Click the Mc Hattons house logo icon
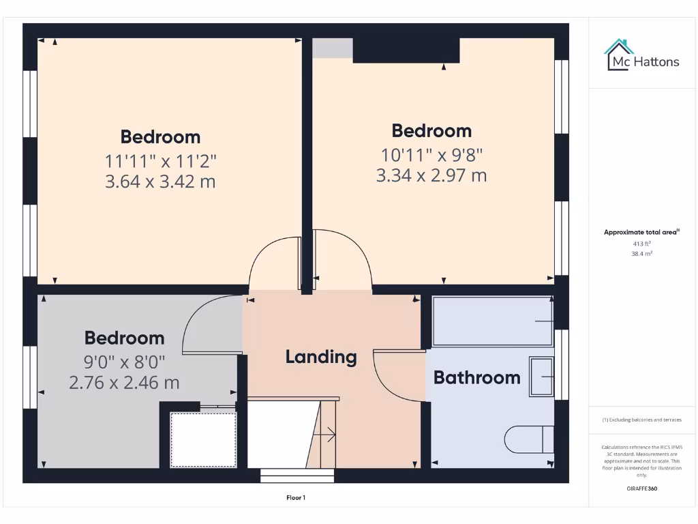click(619, 55)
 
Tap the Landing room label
click(320, 356)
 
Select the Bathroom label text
click(476, 377)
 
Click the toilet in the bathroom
click(529, 439)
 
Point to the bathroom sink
click(542, 376)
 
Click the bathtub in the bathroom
click(492, 321)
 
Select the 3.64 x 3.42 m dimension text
click(160, 181)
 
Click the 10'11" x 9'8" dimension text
click(431, 154)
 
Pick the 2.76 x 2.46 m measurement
click(124, 383)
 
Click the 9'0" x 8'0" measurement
click(124, 360)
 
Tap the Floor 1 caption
click(296, 498)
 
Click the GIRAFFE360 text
click(641, 489)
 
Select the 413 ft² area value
click(641, 243)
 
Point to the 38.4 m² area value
click(641, 253)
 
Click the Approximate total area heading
click(641, 232)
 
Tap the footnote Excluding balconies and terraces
click(641, 420)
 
